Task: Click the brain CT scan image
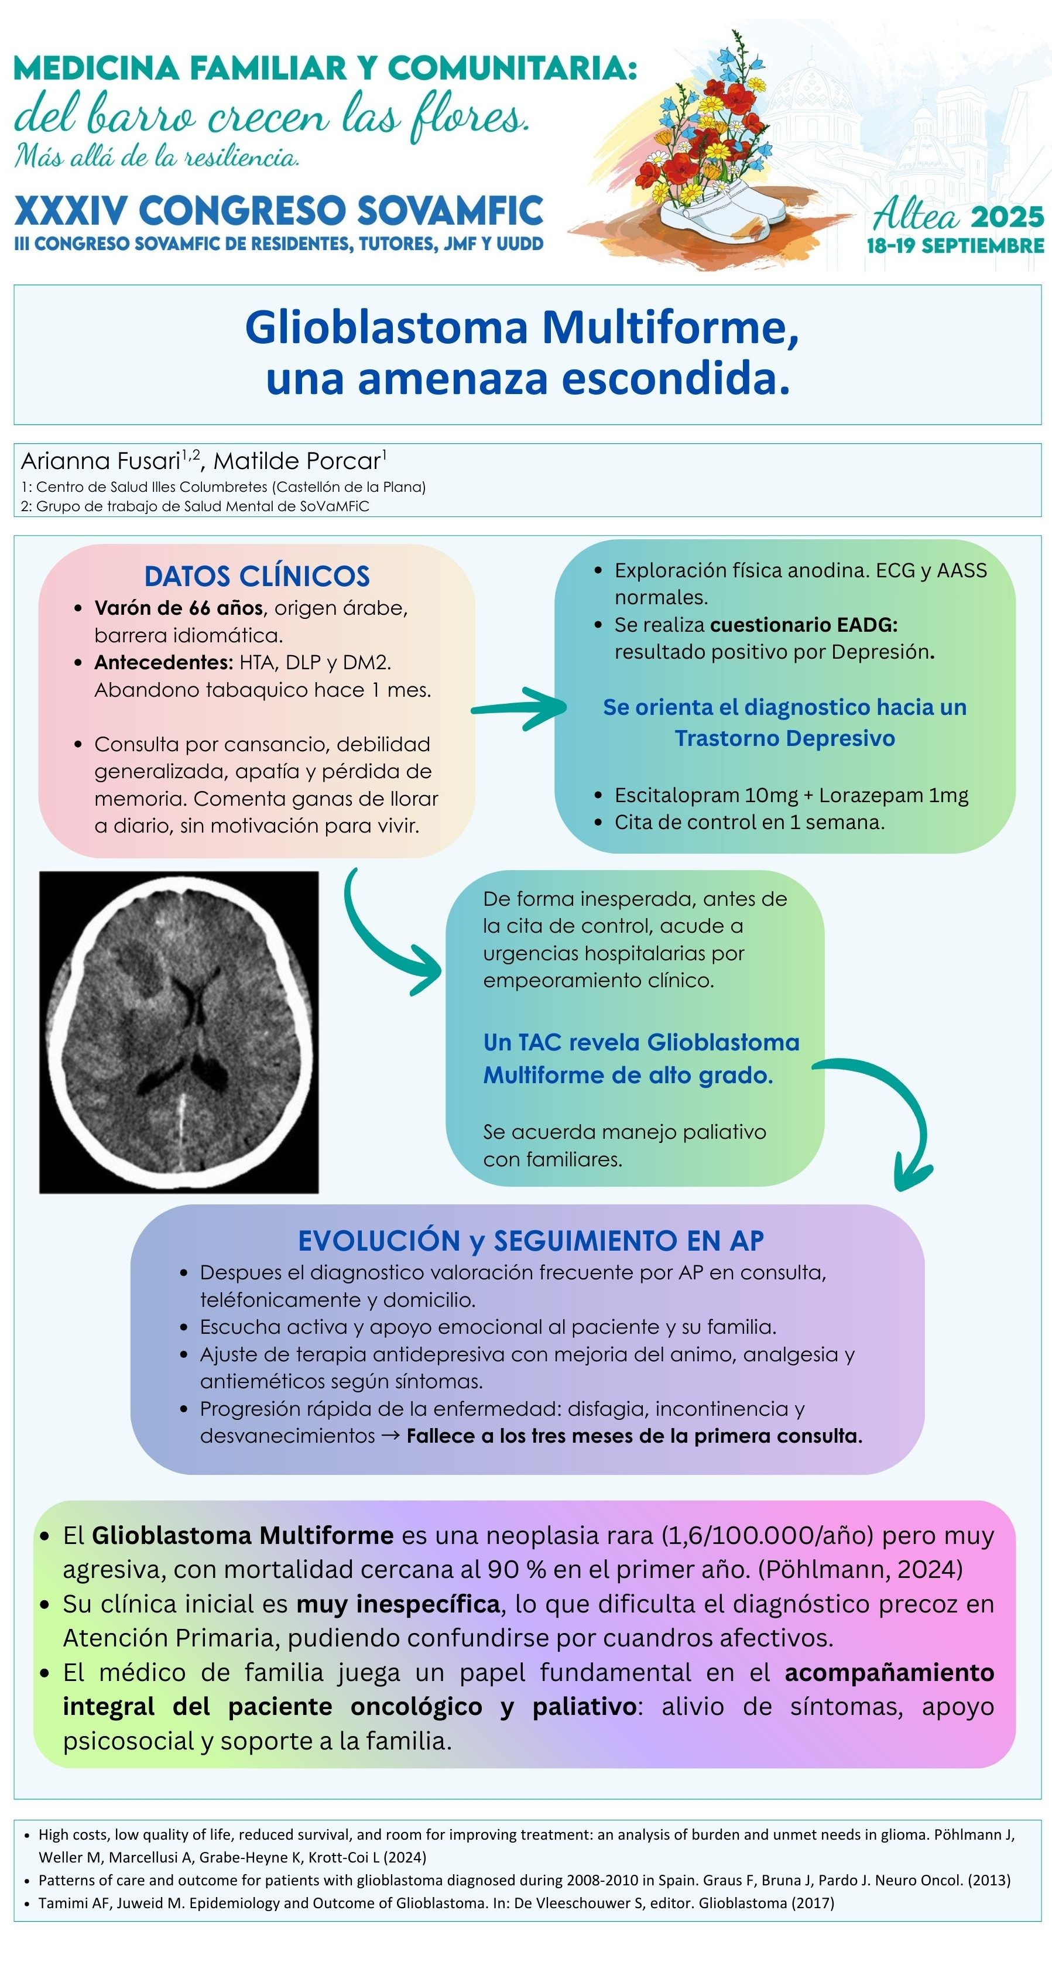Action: tap(179, 1031)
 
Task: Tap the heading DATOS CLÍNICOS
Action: tap(256, 576)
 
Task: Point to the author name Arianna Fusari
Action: tap(100, 461)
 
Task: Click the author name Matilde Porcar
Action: tap(297, 461)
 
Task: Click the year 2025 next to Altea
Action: tap(1007, 217)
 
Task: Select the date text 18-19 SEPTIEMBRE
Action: tap(955, 246)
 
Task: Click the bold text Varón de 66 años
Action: tap(179, 608)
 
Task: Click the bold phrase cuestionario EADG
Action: tap(803, 625)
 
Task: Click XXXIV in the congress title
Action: tap(70, 211)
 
